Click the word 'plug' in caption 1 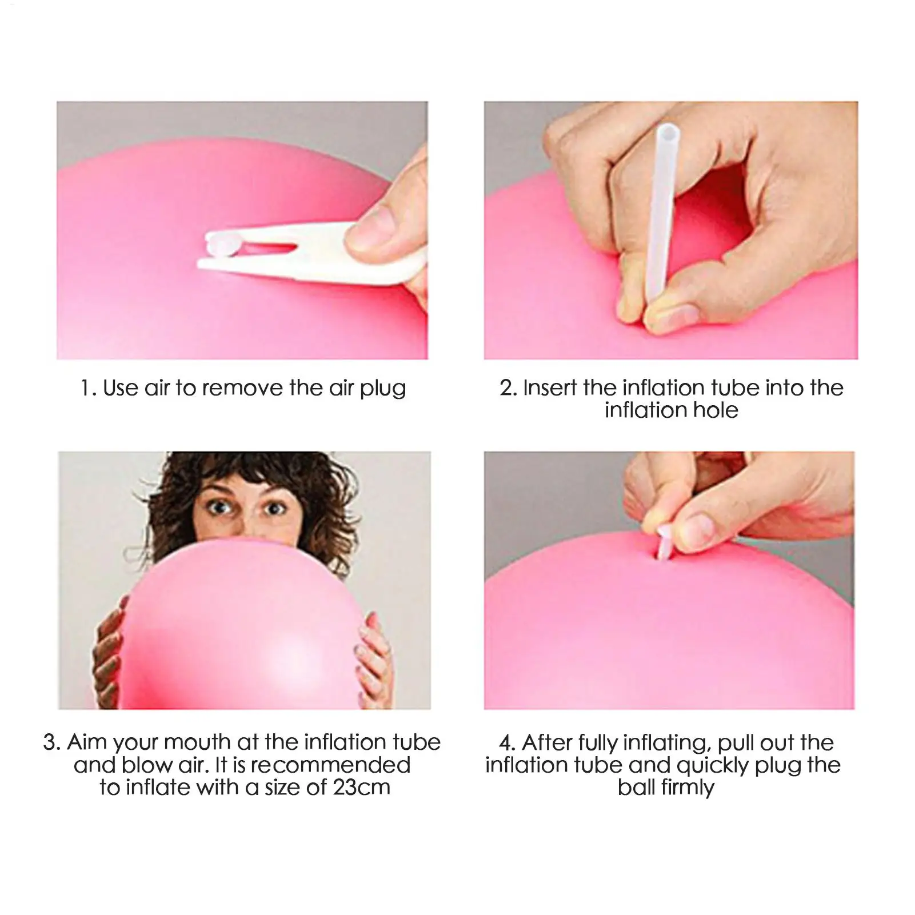coord(382,389)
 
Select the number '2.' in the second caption coord(508,388)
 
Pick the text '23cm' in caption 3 coord(361,787)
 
